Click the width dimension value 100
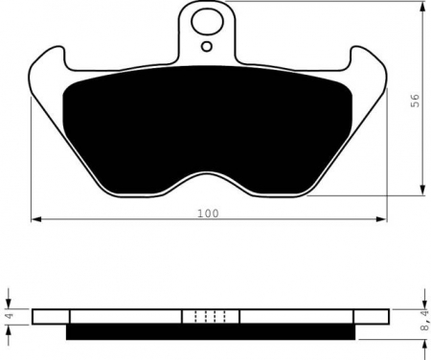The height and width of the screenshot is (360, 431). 209,213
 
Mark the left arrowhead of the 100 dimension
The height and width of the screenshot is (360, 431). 36,220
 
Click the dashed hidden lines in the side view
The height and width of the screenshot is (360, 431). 210,316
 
